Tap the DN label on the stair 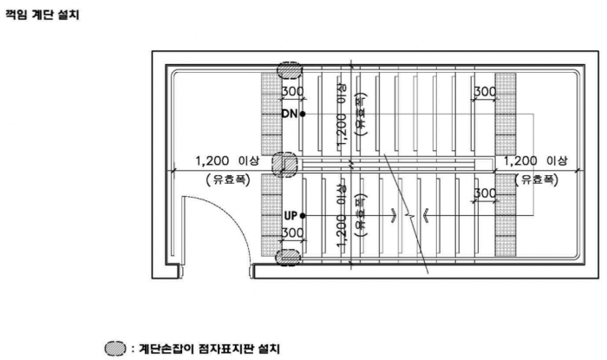(290, 114)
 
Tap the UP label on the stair (290, 214)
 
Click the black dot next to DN (303, 114)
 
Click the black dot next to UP (303, 214)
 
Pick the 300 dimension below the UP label (292, 233)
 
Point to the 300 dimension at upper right (484, 92)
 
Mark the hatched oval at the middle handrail (284, 164)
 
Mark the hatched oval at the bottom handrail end (287, 258)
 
